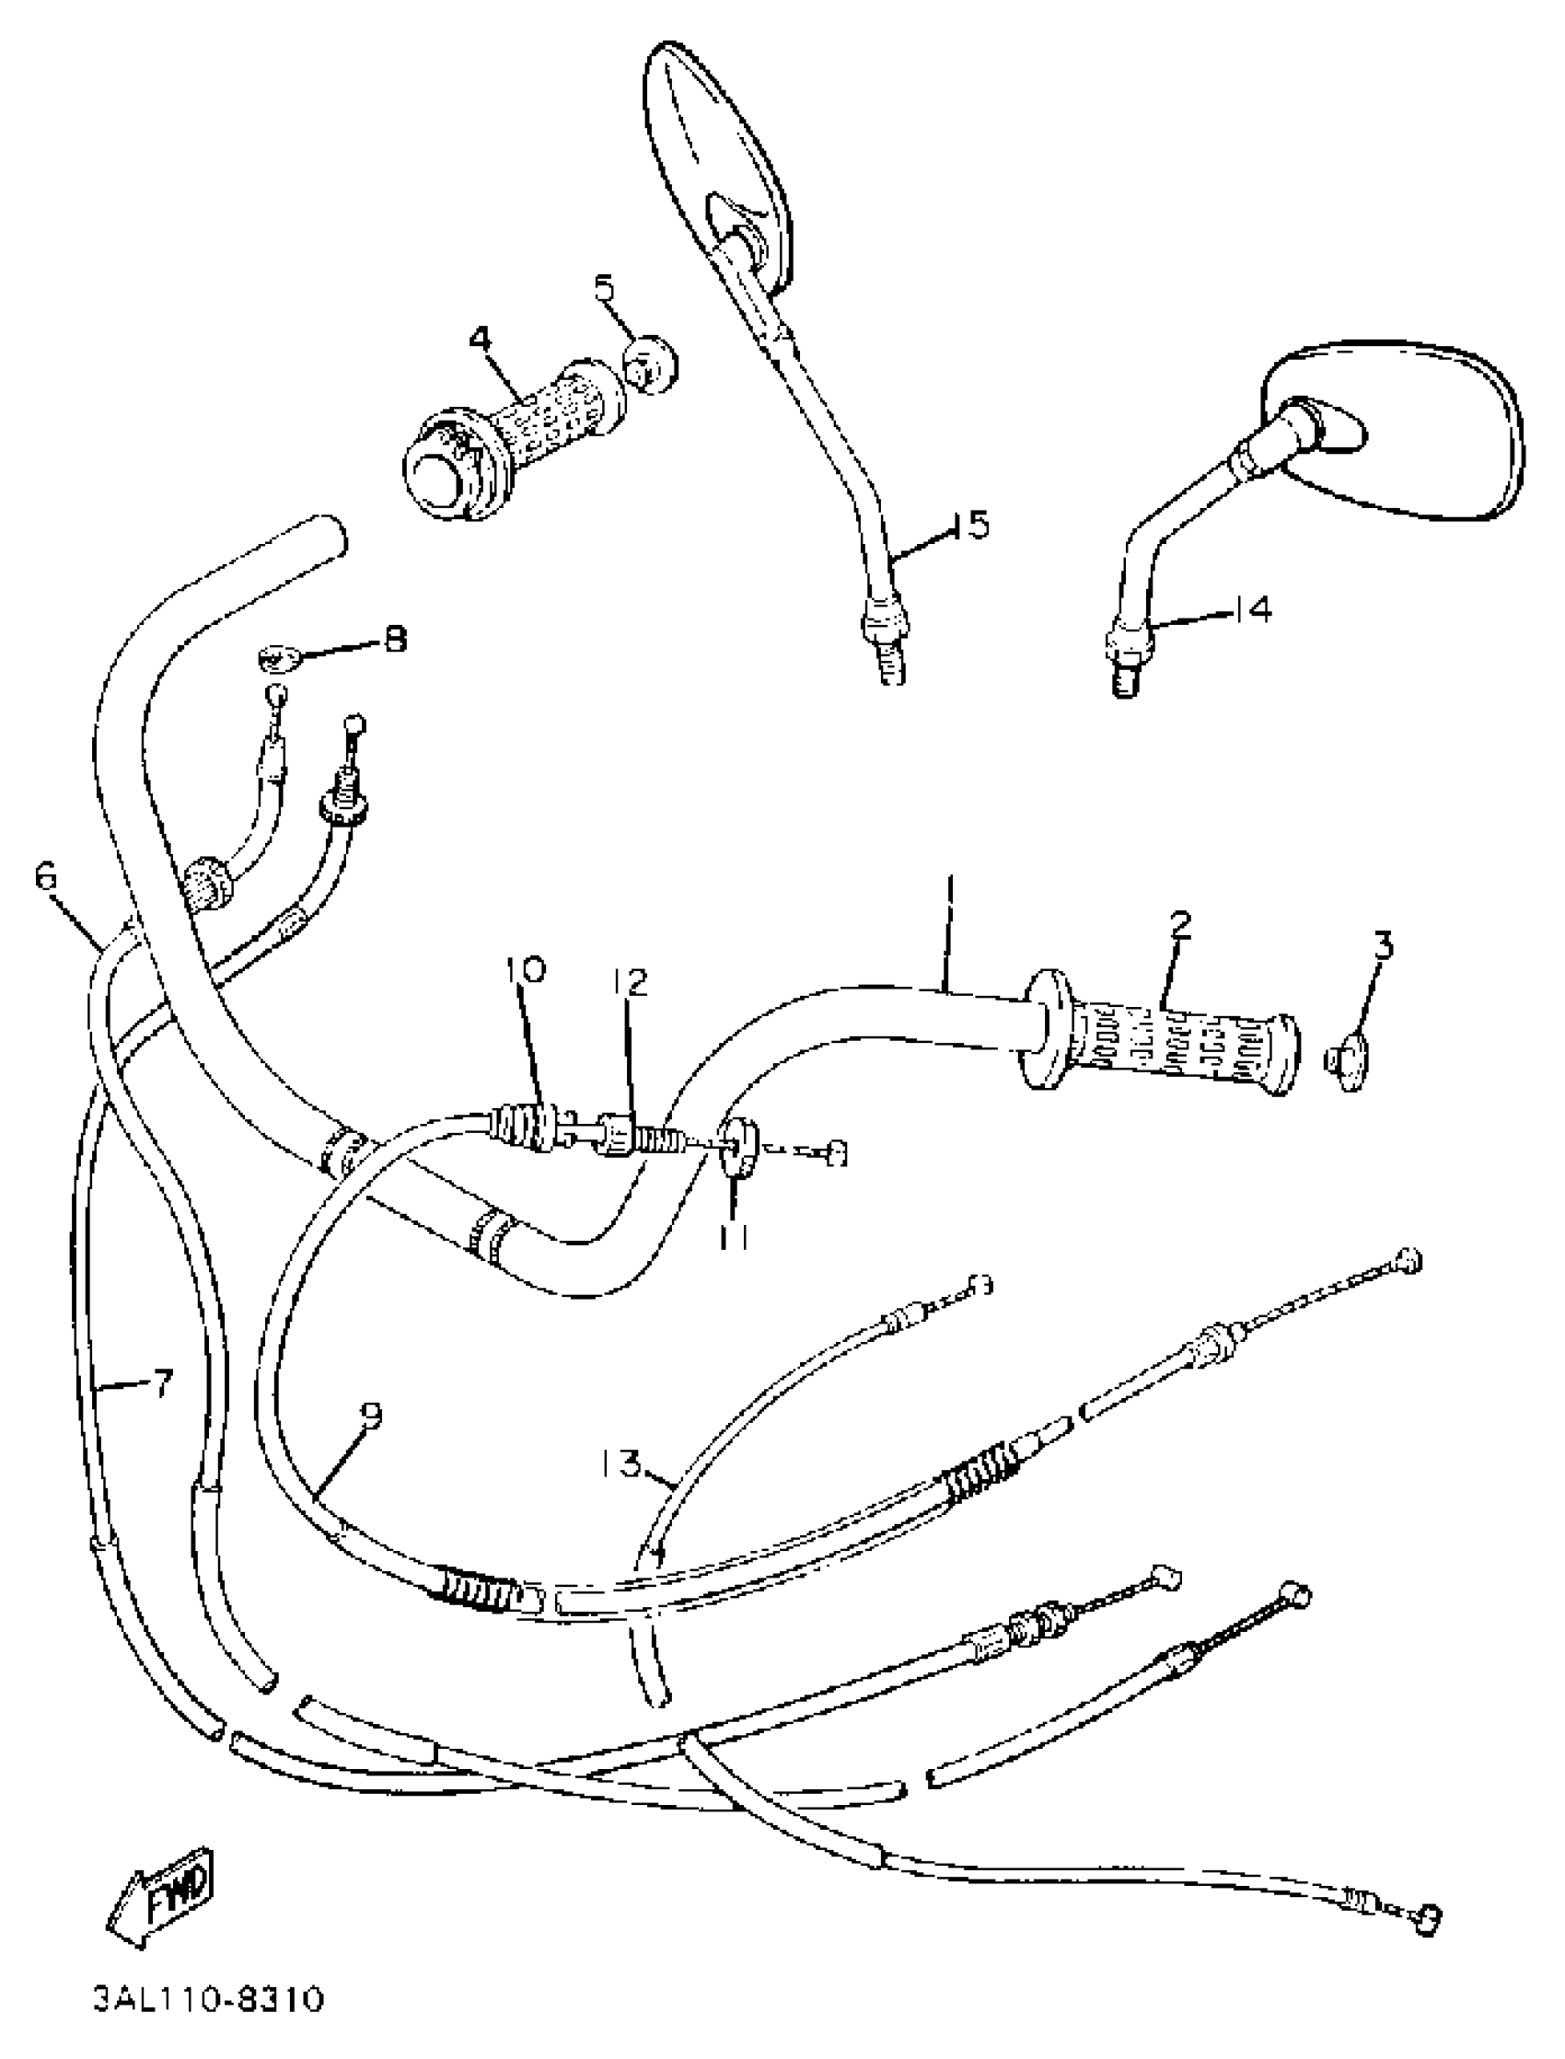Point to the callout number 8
pyautogui.click(x=395, y=640)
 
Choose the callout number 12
pyautogui.click(x=630, y=983)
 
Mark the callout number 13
pyautogui.click(x=620, y=1464)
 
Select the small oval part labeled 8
pyautogui.click(x=280, y=659)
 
